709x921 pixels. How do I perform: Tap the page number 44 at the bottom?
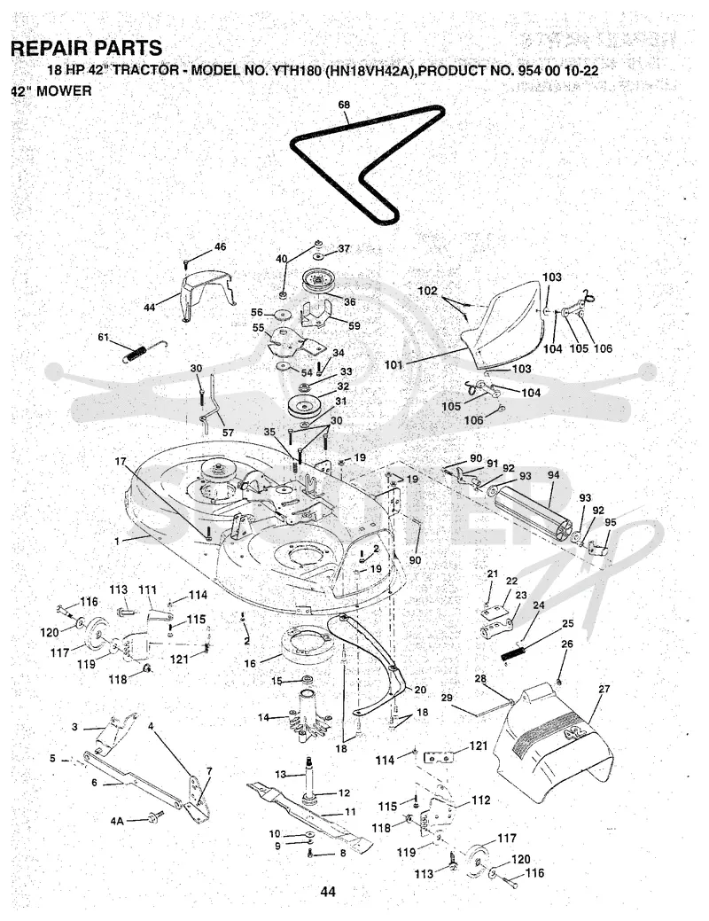pyautogui.click(x=328, y=892)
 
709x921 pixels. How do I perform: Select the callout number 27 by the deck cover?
pyautogui.click(x=604, y=689)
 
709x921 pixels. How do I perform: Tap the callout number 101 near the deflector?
pyautogui.click(x=393, y=364)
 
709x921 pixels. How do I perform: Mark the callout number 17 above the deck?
pyautogui.click(x=121, y=462)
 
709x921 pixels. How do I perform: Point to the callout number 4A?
pyautogui.click(x=117, y=821)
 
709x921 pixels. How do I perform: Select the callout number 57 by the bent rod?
pyautogui.click(x=228, y=433)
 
